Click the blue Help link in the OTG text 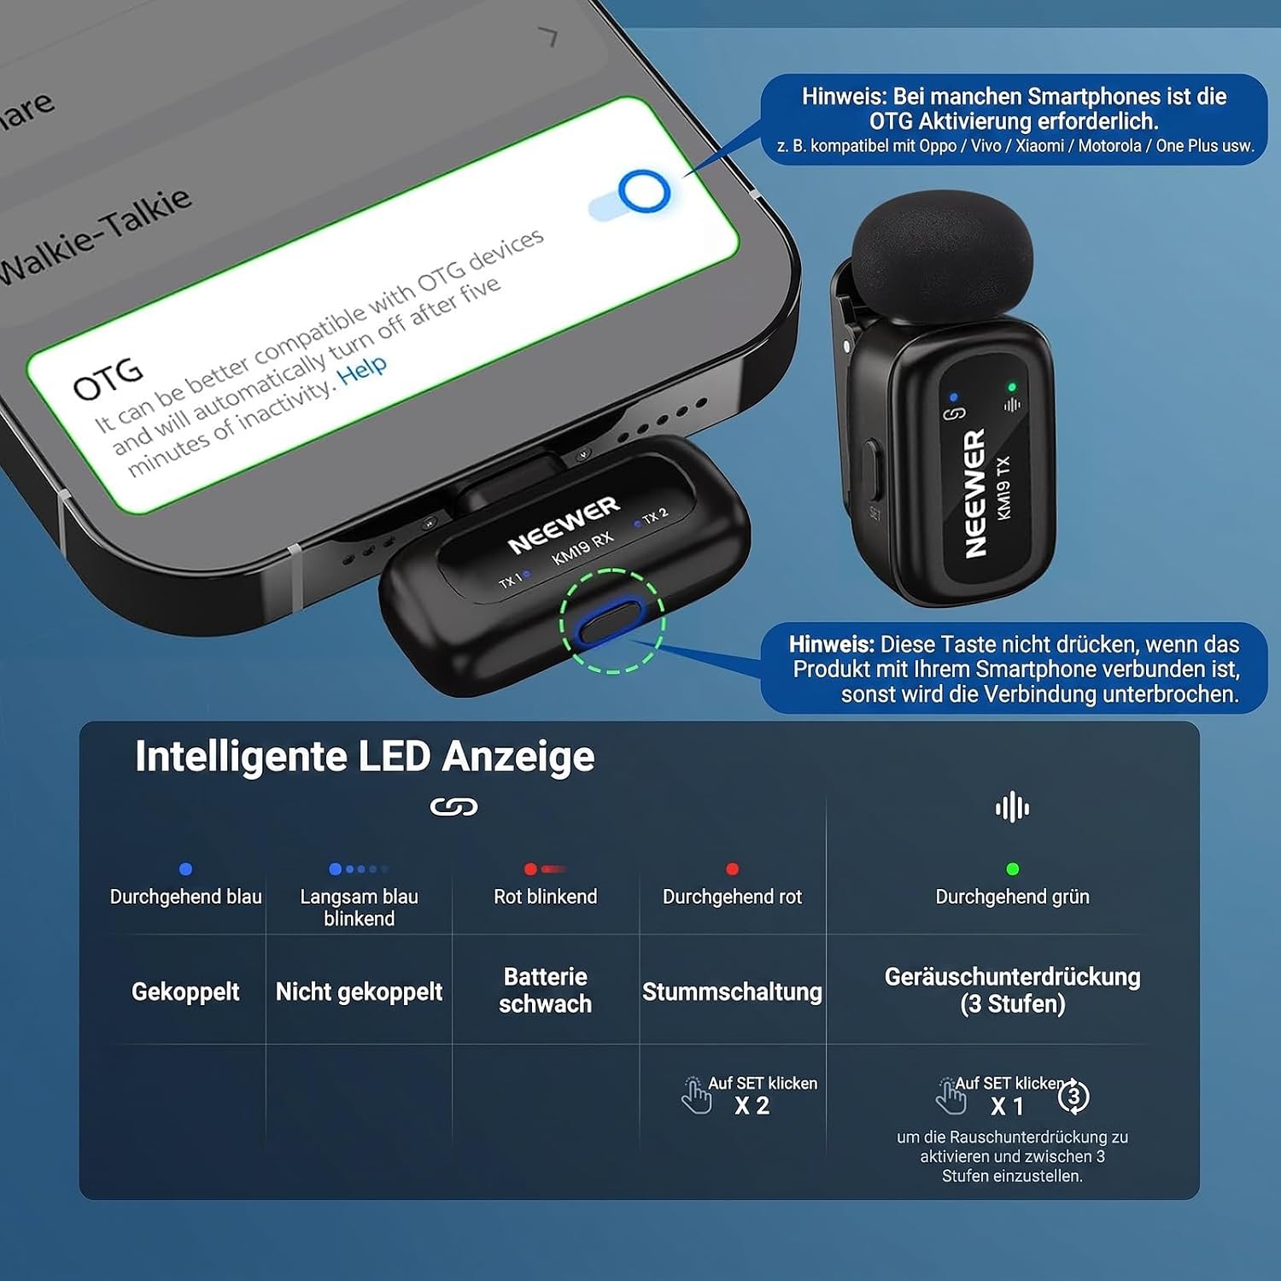point(362,369)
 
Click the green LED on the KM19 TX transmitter point(1012,387)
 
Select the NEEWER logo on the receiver point(564,524)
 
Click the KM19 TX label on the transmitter point(1003,488)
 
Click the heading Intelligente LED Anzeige point(365,757)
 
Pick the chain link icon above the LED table point(453,807)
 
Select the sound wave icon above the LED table point(1012,807)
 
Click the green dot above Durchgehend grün point(1012,869)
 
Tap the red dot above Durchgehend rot point(732,869)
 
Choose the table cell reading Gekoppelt point(185,991)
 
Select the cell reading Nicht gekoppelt point(359,991)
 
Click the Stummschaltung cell point(732,991)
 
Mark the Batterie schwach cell point(545,990)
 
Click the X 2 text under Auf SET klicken point(752,1106)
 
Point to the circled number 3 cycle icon point(1073,1096)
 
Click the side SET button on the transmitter point(870,466)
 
